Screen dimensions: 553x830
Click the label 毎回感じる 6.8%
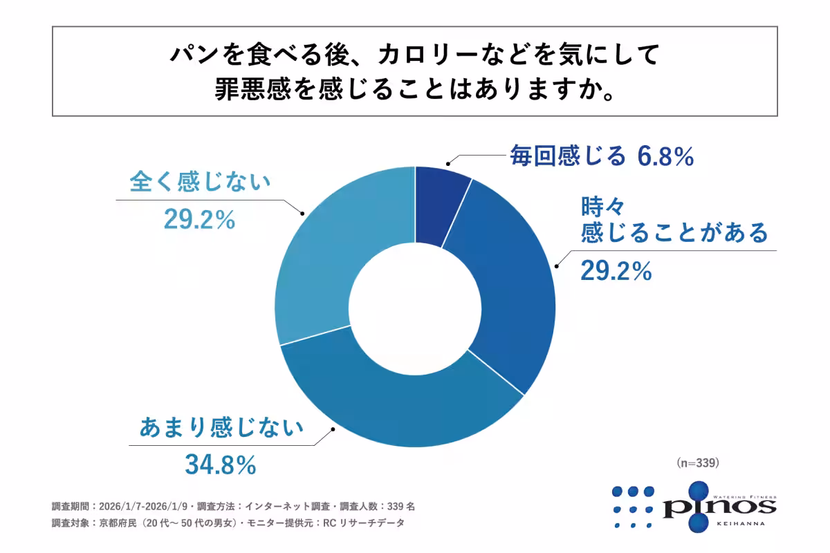(601, 157)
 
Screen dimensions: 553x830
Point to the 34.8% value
(221, 465)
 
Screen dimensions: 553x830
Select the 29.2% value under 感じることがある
(616, 272)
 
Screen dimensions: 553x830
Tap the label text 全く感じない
(200, 183)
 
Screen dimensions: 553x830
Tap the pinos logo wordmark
(719, 507)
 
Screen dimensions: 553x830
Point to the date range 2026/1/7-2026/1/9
(145, 506)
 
